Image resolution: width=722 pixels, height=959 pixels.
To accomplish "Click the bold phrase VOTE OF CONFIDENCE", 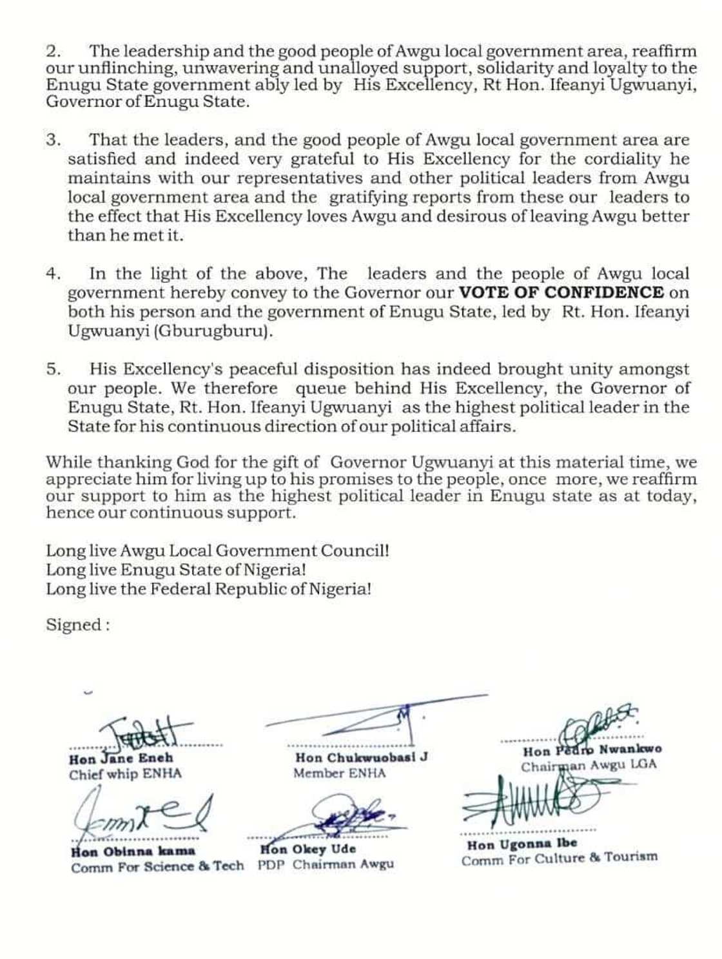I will pos(561,293).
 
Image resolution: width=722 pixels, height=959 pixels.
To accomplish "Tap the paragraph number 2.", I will pos(53,52).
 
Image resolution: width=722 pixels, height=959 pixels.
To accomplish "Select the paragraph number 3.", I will pos(53,140).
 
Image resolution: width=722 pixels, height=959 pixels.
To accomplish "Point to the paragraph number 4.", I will pos(53,274).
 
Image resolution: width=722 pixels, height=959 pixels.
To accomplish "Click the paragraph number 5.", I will pos(53,369).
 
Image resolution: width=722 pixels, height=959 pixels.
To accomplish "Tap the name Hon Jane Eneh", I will pos(121,759).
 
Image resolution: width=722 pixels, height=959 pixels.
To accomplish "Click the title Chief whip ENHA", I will pos(125,775).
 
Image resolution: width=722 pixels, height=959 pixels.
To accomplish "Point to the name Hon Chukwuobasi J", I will pos(361,758).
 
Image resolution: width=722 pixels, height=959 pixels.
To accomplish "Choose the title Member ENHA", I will pos(340,773).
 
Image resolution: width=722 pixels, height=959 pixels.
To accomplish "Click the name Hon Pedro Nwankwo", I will pos(592,750).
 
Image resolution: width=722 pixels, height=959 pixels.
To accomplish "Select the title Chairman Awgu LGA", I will pos(589,766).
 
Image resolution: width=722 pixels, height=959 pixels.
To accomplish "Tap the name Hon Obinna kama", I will pos(133,851).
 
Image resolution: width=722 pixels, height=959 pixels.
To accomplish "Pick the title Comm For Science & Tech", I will pos(157,867).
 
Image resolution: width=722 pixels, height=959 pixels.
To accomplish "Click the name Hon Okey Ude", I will pos(308,849).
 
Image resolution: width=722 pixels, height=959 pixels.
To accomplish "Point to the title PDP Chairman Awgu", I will pos(326,865).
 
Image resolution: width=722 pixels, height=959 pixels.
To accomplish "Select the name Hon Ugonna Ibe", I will pos(522,844).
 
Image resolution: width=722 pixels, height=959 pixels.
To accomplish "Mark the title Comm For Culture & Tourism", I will pos(559,859).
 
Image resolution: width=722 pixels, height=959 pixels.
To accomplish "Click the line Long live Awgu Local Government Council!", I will pos(217,551).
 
